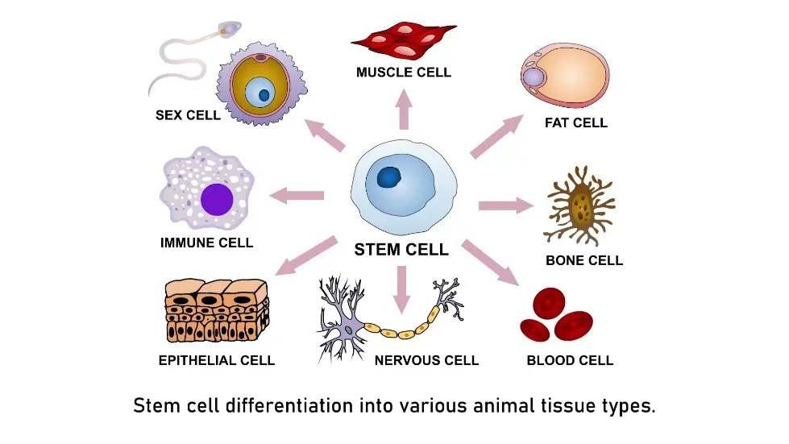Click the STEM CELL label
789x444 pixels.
click(401, 250)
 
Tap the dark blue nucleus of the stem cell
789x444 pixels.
click(390, 177)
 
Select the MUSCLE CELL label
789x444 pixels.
click(403, 73)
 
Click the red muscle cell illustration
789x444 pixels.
click(404, 39)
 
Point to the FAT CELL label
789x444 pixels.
click(575, 123)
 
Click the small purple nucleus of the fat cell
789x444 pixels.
click(534, 77)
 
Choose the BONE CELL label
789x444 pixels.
click(584, 260)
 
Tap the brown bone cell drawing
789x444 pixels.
click(581, 206)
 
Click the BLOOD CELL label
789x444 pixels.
click(570, 360)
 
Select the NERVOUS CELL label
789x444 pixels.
click(426, 360)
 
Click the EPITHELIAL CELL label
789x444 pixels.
click(217, 360)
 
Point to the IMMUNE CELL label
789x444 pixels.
click(206, 243)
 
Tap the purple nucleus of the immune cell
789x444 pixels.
click(217, 199)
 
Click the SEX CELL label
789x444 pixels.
click(188, 115)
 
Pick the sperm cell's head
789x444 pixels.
click(231, 29)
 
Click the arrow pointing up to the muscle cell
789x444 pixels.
click(404, 110)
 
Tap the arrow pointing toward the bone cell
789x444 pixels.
click(506, 205)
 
